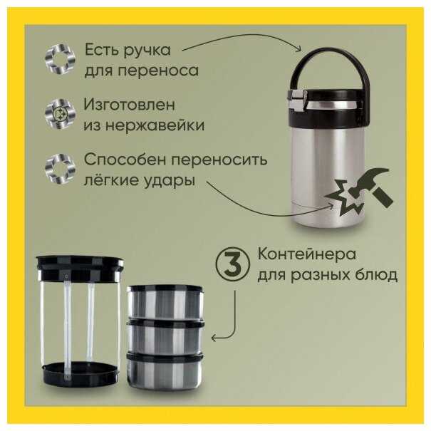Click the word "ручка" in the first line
[x=147, y=51]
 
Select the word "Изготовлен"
[x=129, y=105]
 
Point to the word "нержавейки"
[x=155, y=126]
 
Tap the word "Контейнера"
[x=306, y=254]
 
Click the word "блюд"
[x=377, y=275]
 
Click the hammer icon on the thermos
[x=371, y=185]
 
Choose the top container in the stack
[x=165, y=302]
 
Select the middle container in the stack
[x=165, y=337]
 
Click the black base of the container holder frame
[x=81, y=375]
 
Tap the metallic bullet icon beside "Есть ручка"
[x=60, y=58]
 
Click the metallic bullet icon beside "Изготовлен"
[x=60, y=114]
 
